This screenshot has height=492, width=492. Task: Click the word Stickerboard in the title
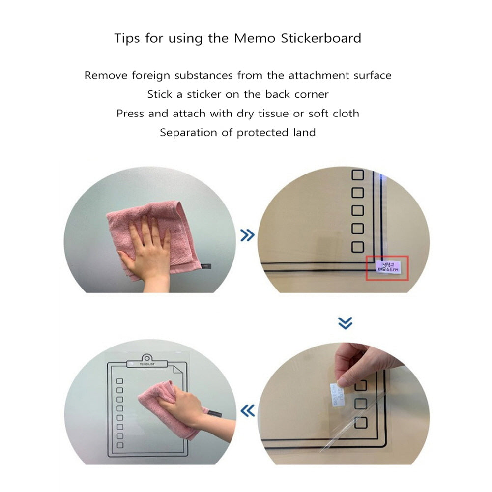[321, 38]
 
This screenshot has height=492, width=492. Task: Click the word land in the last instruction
[303, 133]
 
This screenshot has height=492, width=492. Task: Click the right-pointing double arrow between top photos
[247, 235]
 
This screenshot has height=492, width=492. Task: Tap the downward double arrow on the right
[346, 323]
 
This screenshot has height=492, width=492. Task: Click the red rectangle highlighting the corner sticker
[387, 268]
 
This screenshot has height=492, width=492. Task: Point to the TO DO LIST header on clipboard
[146, 364]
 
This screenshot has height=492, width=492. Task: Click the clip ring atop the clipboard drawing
[146, 357]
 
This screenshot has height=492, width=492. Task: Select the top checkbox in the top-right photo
[357, 174]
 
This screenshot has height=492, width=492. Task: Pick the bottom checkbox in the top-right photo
[357, 247]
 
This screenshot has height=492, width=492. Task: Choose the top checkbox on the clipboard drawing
[119, 381]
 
